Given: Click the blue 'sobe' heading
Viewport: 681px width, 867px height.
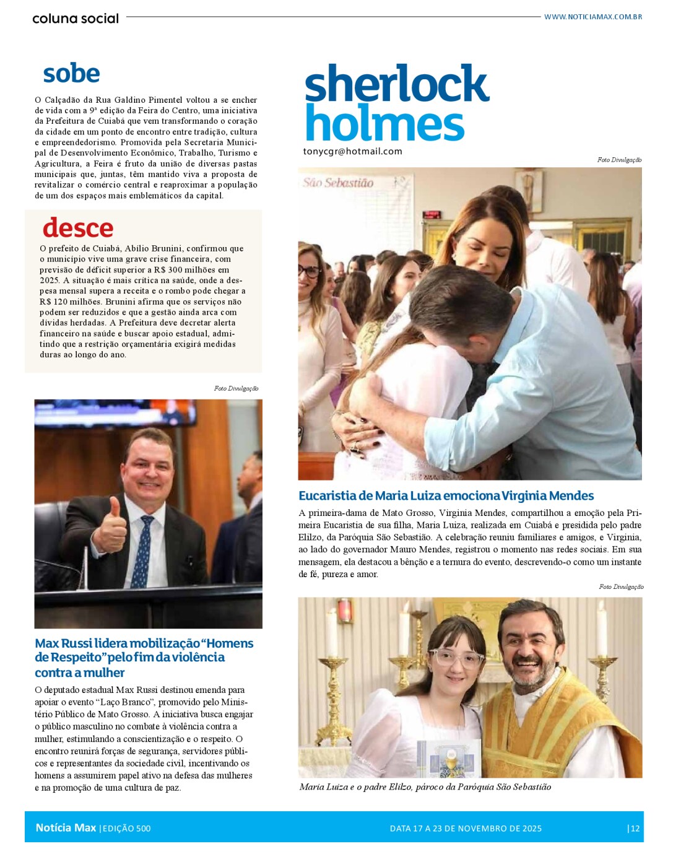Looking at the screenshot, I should tap(71, 74).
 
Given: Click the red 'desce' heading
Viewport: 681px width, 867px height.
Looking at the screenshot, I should tap(78, 228).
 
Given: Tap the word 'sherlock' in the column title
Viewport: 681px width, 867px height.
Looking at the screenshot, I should tap(396, 84).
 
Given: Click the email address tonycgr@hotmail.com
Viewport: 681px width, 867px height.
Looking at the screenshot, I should tap(352, 151).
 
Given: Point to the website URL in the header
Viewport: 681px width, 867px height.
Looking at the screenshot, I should tap(592, 17).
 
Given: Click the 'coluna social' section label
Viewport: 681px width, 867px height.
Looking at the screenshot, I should tap(76, 19).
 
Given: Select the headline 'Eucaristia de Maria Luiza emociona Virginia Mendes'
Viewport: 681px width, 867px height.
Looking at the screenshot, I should tap(446, 495).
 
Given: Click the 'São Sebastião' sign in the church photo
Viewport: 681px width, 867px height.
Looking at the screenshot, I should tap(338, 183).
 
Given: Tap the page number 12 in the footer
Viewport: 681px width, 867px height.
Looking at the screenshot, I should tap(635, 829).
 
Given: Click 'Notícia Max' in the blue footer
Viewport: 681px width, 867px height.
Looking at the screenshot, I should tap(66, 828).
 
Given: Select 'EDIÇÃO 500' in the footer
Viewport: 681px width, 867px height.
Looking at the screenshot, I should tap(126, 829).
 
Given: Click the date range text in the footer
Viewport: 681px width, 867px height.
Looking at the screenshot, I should tap(466, 829).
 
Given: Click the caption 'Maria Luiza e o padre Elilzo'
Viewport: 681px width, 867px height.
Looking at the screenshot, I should tap(425, 787).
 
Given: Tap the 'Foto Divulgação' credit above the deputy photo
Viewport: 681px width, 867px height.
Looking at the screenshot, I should tap(236, 388).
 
